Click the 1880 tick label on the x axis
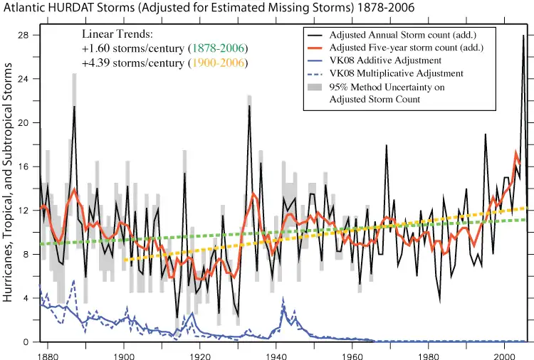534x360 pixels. (x=48, y=353)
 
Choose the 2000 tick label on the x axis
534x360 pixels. (x=504, y=353)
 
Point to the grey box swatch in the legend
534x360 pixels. (x=315, y=86)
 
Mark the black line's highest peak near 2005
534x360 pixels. (x=523, y=36)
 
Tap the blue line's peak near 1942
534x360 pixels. (x=283, y=306)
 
